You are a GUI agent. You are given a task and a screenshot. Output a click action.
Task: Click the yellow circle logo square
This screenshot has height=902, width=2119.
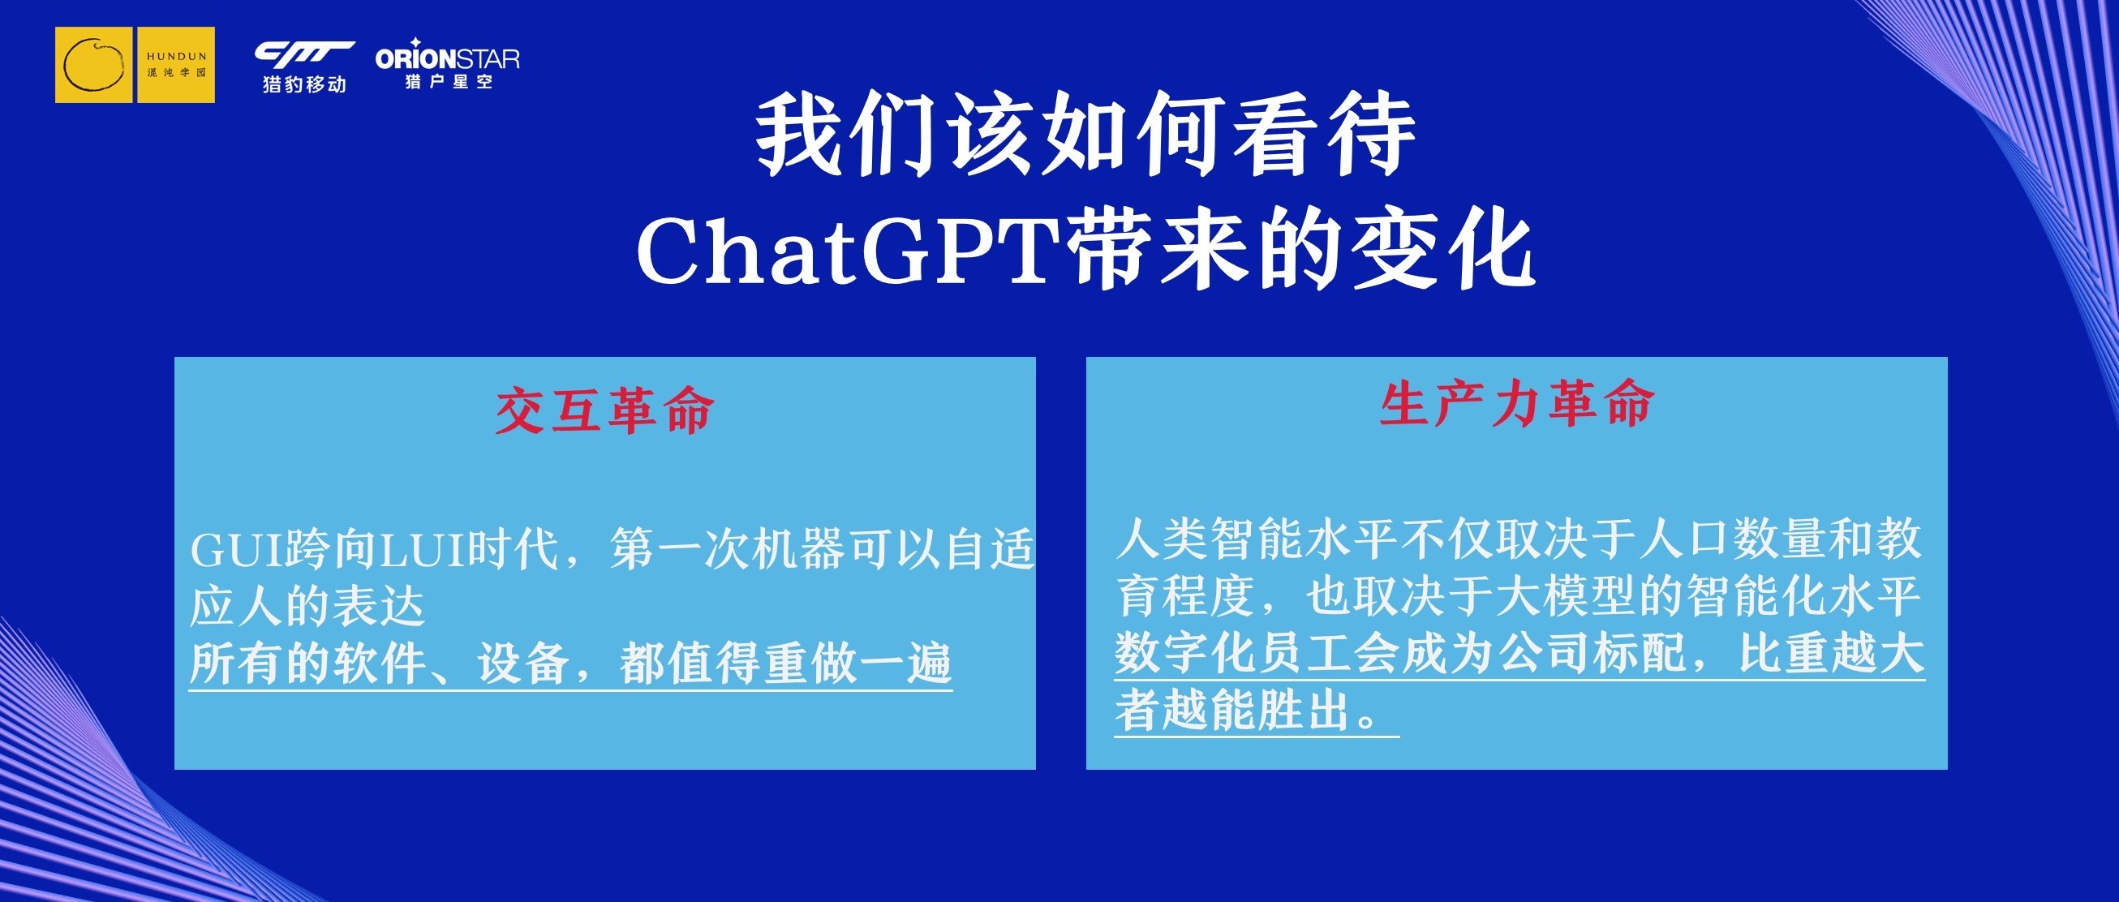(x=94, y=65)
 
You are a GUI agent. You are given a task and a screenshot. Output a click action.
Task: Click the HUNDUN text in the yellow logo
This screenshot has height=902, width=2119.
(x=177, y=57)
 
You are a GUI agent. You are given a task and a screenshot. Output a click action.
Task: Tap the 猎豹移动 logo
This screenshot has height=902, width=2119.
(x=304, y=67)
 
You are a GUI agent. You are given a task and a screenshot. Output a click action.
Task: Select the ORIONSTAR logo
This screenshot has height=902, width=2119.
(x=448, y=63)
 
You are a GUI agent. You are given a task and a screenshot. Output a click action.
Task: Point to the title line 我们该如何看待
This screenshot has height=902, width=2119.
(x=1085, y=134)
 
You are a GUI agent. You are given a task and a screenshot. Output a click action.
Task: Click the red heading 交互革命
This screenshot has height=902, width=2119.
(x=604, y=410)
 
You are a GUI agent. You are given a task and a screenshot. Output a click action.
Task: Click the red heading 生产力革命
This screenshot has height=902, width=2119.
(x=1516, y=404)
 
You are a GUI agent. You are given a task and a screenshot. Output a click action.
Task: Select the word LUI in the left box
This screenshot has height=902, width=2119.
(x=422, y=550)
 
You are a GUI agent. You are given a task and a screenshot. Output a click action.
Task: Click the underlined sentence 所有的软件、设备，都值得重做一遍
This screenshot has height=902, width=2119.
(x=570, y=664)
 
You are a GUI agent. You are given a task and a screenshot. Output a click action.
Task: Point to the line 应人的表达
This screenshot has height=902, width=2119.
(x=307, y=607)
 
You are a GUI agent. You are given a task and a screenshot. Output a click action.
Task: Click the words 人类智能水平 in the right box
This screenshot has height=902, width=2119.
(x=1257, y=539)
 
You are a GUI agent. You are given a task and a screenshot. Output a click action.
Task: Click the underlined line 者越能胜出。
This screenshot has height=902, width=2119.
(x=1256, y=711)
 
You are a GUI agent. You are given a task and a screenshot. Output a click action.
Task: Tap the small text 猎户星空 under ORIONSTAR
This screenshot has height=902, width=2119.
(x=449, y=81)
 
